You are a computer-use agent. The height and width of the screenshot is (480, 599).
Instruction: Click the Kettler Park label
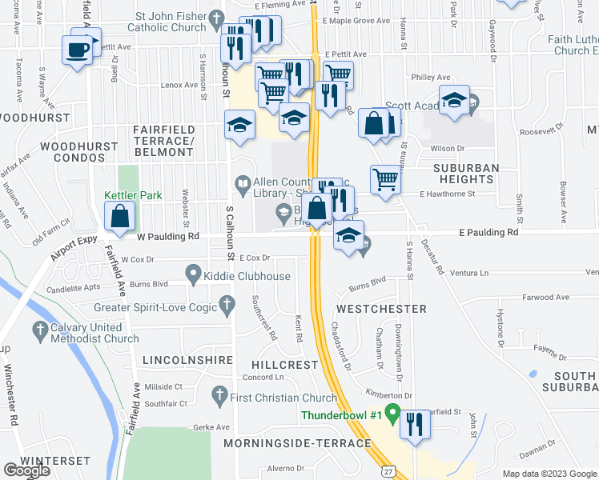click(133, 195)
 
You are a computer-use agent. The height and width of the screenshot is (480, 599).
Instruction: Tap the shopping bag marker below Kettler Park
click(119, 216)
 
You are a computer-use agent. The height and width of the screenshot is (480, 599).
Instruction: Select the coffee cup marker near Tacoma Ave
click(78, 50)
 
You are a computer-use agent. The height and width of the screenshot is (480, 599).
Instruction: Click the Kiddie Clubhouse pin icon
click(193, 276)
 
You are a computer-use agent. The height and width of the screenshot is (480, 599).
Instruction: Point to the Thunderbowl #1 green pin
click(392, 414)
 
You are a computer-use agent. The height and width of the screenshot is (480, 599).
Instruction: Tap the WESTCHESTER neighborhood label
click(381, 308)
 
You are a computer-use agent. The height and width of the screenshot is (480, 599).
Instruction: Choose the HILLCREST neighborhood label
click(287, 364)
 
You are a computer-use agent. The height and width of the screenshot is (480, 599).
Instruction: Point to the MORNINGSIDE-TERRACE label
click(297, 443)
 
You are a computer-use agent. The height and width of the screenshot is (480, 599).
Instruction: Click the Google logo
click(26, 470)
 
